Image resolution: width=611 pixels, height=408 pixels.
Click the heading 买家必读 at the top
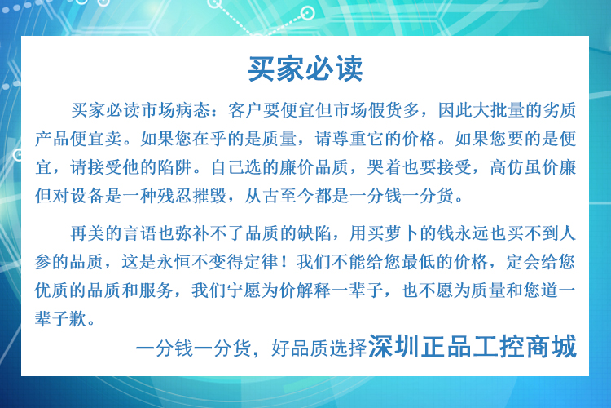point(305,69)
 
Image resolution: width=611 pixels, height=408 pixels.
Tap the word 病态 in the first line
point(193,110)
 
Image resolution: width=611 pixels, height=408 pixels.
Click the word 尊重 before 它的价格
point(349,139)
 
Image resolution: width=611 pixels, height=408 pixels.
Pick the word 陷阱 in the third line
point(175,167)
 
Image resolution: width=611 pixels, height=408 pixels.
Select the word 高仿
point(507,167)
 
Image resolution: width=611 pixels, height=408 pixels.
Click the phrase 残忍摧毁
point(193,196)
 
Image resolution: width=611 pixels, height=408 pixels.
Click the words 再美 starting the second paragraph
point(89,233)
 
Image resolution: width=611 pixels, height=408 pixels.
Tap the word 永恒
point(175,262)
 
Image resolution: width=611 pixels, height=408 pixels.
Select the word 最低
point(420,262)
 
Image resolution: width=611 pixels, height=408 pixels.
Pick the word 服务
point(158,290)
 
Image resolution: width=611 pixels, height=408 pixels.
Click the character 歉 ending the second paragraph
point(79,318)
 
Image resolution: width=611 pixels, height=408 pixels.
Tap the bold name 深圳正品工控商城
point(473,346)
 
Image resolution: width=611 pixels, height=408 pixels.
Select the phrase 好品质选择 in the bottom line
point(319,348)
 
